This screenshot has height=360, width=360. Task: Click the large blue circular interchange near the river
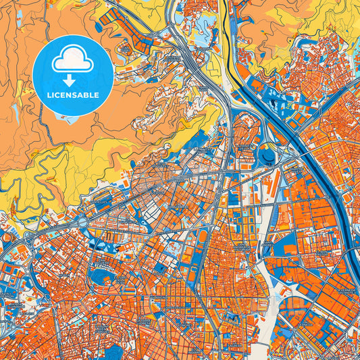coord(267,156)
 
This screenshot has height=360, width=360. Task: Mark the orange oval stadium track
coord(201,237)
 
